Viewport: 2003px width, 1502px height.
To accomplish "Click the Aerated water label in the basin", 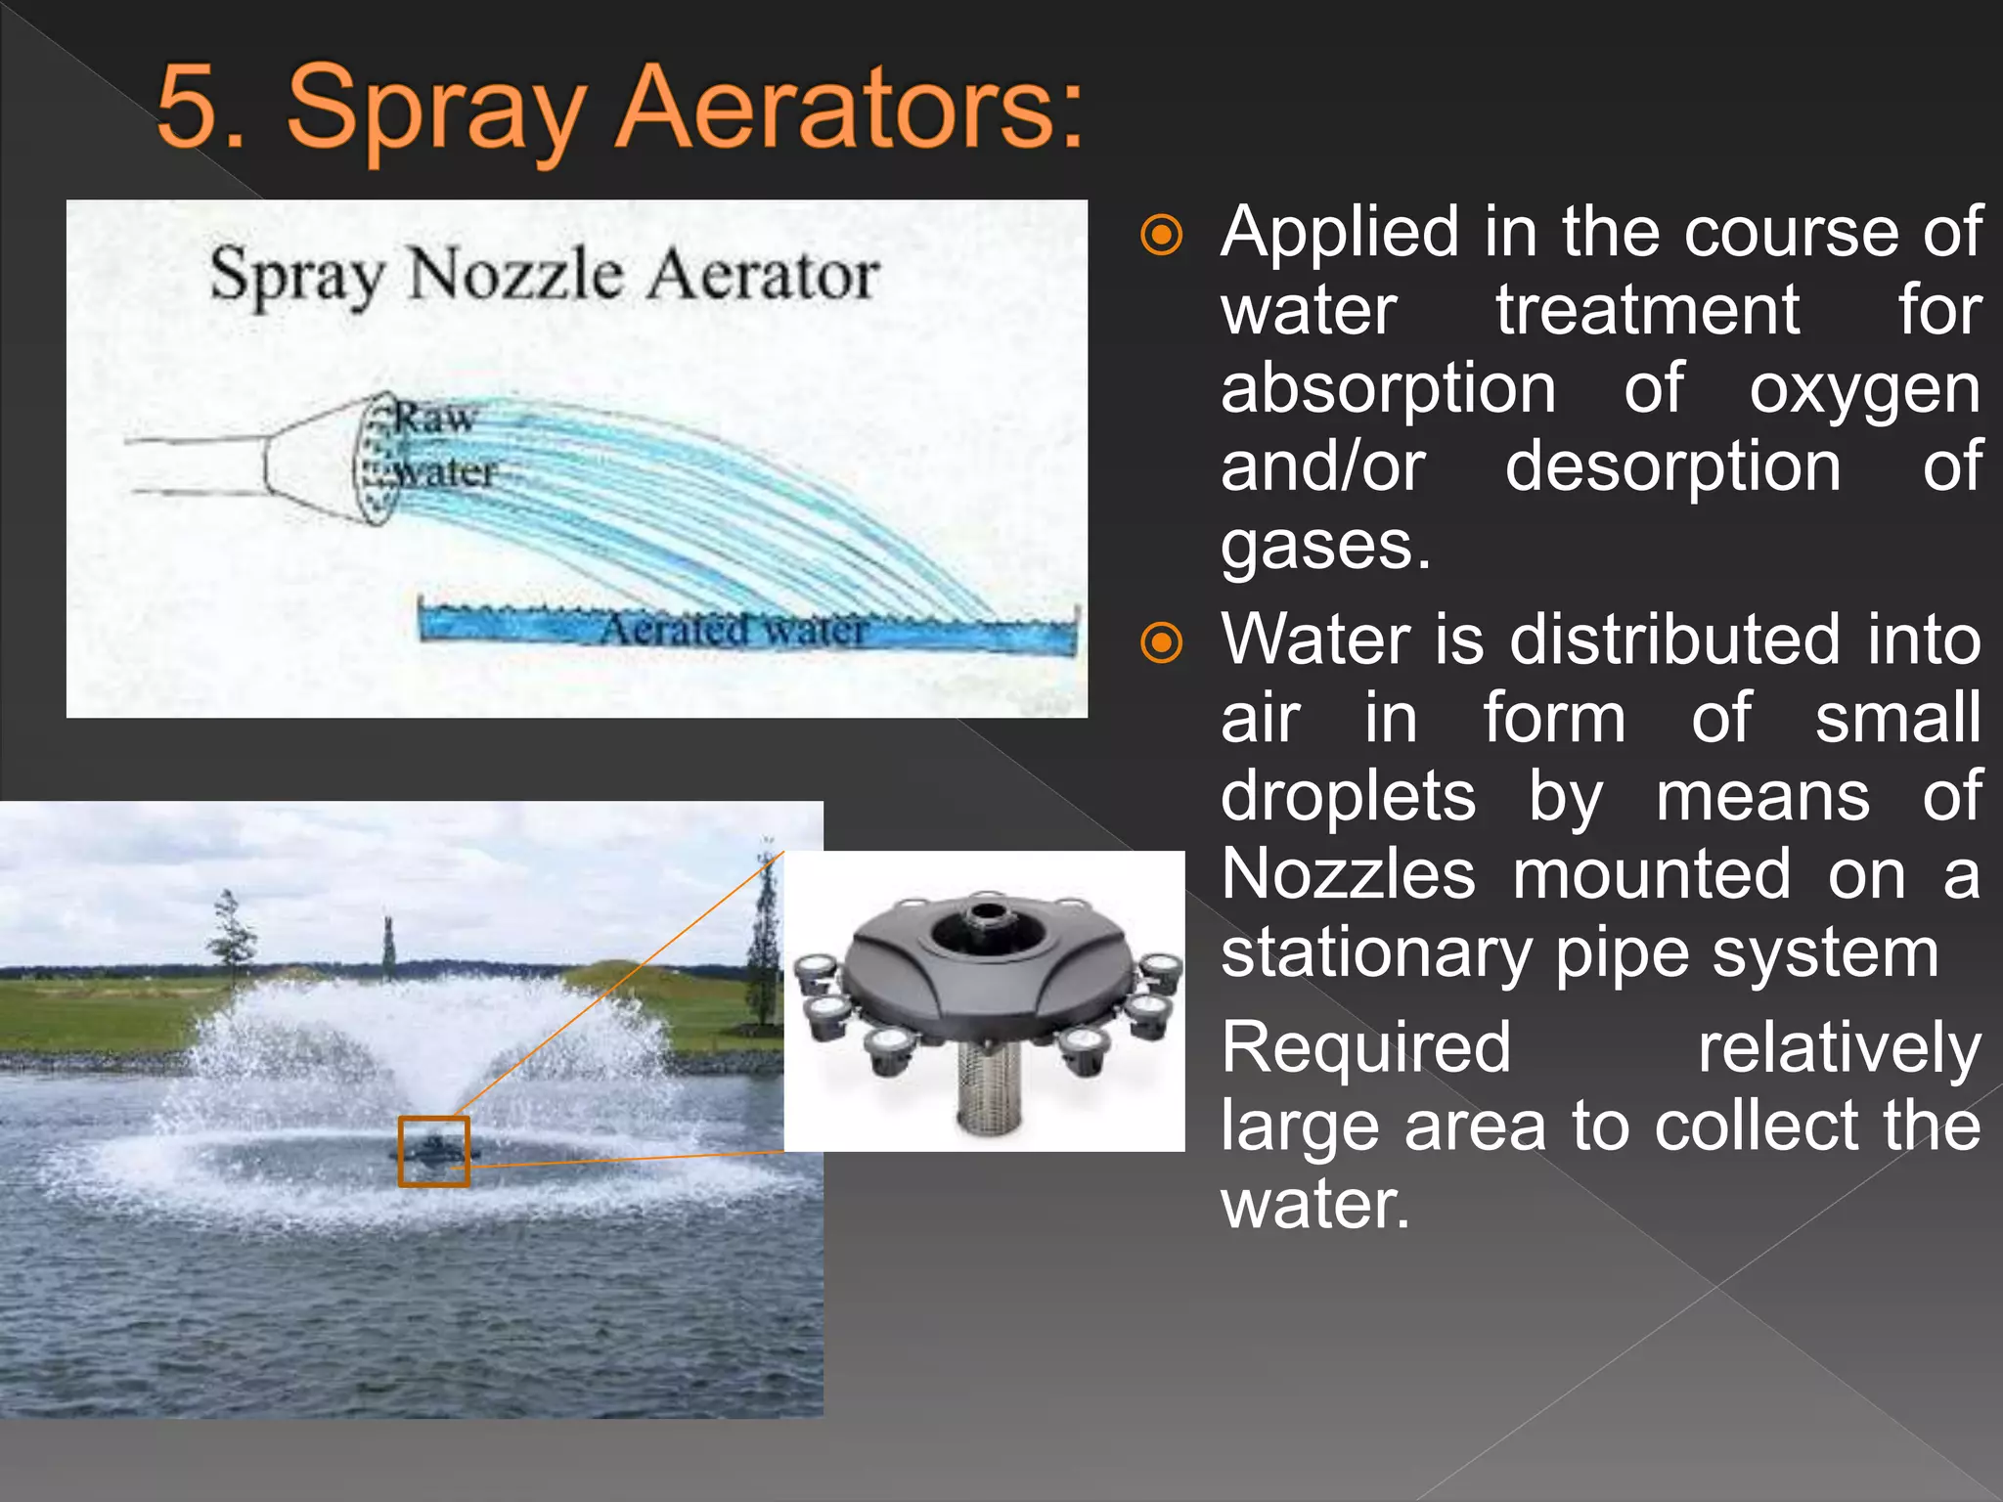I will coord(734,629).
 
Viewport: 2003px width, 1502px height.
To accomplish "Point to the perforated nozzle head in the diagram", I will coord(376,458).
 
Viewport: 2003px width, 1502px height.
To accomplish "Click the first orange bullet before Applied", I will coord(1162,236).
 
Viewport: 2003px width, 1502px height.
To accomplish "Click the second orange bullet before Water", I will coord(1162,643).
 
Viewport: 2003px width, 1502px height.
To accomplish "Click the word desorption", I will coord(1672,466).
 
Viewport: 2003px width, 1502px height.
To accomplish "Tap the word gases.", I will coord(1325,545).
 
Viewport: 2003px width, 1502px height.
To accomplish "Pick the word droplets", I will coord(1348,796).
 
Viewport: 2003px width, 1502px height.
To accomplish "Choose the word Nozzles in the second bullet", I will coord(1348,874).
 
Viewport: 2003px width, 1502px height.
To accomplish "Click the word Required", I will coord(1365,1047).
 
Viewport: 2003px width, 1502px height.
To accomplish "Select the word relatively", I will coord(1839,1047).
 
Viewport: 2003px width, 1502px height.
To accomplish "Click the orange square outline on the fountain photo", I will coord(433,1151).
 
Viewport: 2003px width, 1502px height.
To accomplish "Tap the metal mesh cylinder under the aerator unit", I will coord(988,1085).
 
